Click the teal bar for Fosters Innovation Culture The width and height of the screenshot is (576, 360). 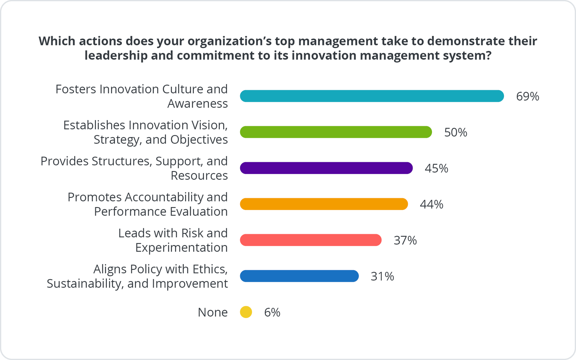coord(372,96)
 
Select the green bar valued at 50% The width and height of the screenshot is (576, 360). coord(336,132)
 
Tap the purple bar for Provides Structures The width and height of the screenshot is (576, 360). coord(326,168)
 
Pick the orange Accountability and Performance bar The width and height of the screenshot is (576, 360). coord(324,204)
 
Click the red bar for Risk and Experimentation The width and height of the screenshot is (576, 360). coord(311,240)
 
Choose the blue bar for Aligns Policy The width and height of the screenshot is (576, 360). coord(299,276)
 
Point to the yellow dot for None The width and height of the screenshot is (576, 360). coord(246,312)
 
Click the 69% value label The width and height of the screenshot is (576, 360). coord(527,97)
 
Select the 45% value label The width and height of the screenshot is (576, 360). coord(436,169)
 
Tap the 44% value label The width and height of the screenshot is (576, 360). coord(431,204)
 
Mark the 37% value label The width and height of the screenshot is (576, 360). coord(405,241)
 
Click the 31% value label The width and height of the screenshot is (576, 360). coord(382,276)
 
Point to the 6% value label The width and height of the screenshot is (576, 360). coord(272,313)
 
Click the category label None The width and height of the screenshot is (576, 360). coord(213,312)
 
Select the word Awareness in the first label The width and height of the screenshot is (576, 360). coord(197,103)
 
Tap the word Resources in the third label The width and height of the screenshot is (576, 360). coord(199,175)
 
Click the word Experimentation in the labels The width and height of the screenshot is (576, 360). coord(181,247)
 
